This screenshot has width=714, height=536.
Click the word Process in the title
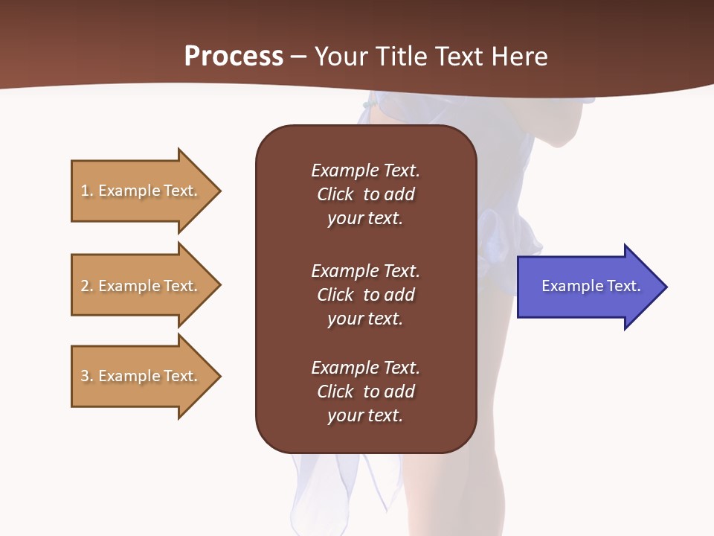tap(234, 57)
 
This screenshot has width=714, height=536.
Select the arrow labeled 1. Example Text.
tap(141, 191)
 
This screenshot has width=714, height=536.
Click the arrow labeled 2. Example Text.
tap(141, 286)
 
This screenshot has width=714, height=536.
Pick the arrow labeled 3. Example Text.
tap(141, 376)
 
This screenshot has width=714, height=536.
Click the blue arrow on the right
tap(588, 287)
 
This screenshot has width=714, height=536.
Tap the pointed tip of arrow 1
tap(219, 191)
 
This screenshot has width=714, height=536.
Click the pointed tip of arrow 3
tap(219, 376)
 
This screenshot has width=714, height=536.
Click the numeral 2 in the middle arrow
tap(85, 286)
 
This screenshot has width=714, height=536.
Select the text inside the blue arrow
tap(591, 286)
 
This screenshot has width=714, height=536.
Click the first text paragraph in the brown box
tap(365, 194)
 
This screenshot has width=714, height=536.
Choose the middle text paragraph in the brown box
tap(365, 295)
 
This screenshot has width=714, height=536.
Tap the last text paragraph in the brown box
tap(365, 392)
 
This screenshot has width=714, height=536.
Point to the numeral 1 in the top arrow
tap(85, 191)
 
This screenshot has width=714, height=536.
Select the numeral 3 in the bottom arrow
tap(85, 376)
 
